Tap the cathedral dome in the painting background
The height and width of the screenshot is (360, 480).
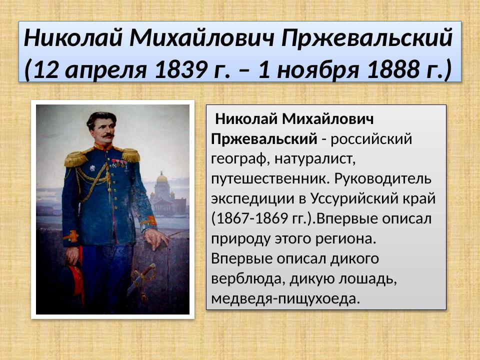point(162,178)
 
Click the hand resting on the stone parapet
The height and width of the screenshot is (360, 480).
point(156,238)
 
